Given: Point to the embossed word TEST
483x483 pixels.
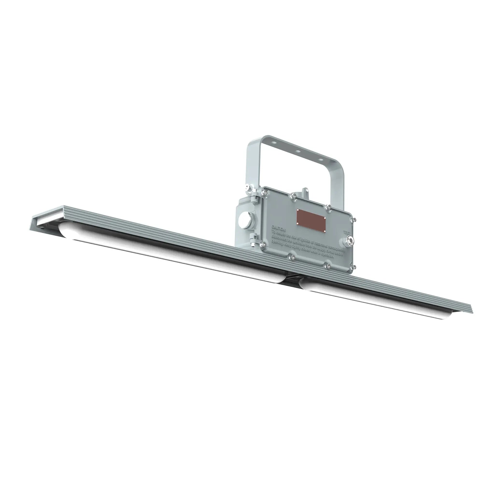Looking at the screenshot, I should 348,232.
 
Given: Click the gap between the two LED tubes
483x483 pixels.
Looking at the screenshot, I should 291,283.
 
